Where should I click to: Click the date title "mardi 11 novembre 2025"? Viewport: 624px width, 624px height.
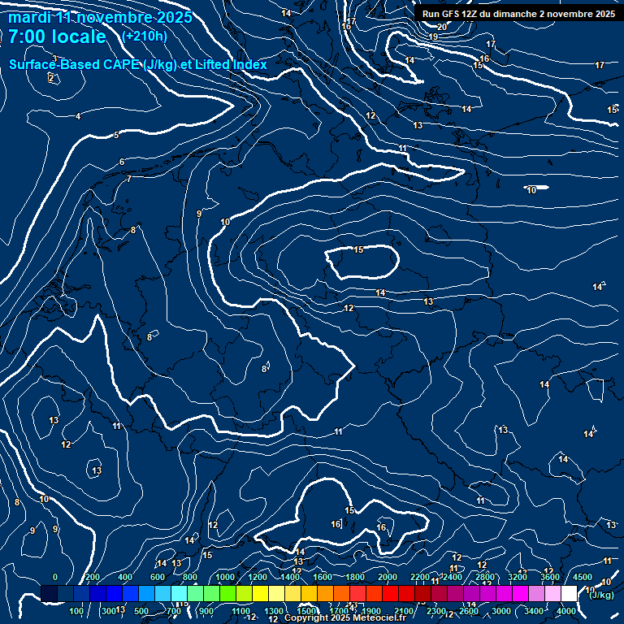[100, 17]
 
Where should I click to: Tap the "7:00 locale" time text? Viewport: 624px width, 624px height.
[57, 37]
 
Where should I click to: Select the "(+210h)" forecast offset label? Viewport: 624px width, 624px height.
[145, 37]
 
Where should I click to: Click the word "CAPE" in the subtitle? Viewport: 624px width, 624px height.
[121, 65]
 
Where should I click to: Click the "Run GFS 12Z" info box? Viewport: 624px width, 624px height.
[518, 14]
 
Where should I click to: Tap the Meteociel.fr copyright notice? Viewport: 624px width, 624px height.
[344, 618]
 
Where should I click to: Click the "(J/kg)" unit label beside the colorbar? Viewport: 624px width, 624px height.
[601, 595]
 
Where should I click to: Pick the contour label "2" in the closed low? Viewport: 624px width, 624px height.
[51, 79]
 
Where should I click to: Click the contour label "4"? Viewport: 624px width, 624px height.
[78, 117]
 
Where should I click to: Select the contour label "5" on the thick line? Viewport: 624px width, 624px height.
[116, 136]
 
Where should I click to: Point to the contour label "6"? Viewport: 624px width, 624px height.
[122, 162]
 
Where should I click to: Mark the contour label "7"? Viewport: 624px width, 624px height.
[128, 180]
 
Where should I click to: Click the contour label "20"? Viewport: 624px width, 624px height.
[442, 27]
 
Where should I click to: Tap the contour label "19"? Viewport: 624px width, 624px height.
[433, 37]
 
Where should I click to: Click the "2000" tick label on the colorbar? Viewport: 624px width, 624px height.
[388, 577]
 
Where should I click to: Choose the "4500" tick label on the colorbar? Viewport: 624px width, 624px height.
[583, 577]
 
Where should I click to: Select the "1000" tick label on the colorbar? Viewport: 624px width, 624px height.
[225, 577]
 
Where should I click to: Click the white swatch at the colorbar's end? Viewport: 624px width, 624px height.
[569, 594]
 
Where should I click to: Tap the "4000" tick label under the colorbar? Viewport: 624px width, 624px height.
[566, 611]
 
